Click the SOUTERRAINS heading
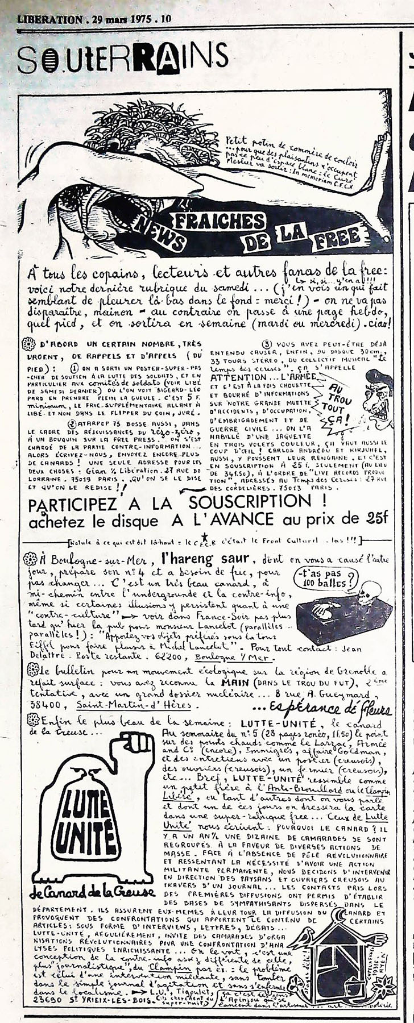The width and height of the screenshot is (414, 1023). (x=122, y=59)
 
